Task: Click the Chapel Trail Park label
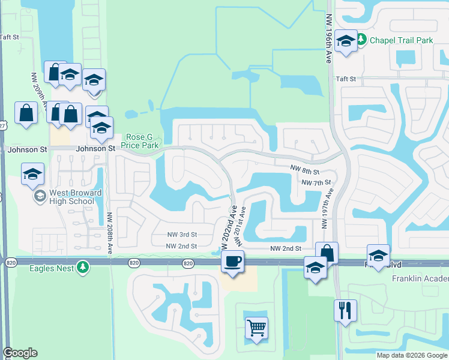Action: click(402, 40)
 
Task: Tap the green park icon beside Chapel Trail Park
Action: click(361, 40)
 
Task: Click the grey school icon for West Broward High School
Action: click(40, 196)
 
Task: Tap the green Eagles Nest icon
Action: click(85, 267)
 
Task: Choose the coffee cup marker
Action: click(232, 261)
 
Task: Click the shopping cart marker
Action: click(256, 328)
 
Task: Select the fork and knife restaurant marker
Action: click(345, 310)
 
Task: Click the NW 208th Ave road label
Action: click(110, 235)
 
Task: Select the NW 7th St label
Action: click(316, 182)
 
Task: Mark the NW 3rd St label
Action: click(181, 235)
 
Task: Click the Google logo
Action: click(20, 353)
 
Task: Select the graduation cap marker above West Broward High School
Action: click(32, 175)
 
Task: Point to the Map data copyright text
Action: click(412, 355)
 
